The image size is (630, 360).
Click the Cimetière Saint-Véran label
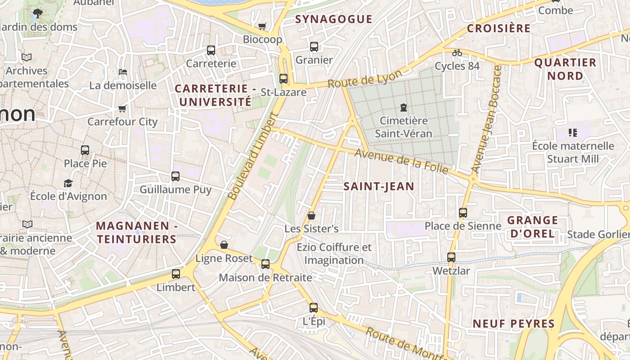point(404,127)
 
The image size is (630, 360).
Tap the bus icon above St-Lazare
point(283,78)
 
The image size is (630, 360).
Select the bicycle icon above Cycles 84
point(457,53)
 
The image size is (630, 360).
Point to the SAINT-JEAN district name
point(379,186)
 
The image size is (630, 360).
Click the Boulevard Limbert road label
point(253,156)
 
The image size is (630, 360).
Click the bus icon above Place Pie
point(85,150)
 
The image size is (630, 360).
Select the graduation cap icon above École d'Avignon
point(68,183)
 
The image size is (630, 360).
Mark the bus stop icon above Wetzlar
point(451,257)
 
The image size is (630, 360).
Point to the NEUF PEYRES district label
point(513,324)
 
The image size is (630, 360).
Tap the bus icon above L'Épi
point(314,308)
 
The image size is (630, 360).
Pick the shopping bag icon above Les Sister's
point(311,216)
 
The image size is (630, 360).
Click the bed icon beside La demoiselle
point(122,72)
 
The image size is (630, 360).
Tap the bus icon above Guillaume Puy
point(175,176)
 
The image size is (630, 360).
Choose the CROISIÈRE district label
point(499,28)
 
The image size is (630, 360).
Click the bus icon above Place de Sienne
point(463,212)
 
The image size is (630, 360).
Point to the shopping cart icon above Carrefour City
point(122,108)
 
